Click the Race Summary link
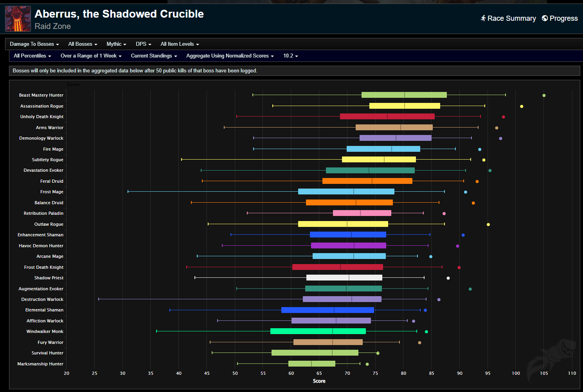point(508,18)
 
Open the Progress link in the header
point(560,18)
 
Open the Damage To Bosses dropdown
point(34,44)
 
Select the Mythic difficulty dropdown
point(116,44)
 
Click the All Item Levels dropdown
point(180,44)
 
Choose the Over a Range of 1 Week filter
point(91,56)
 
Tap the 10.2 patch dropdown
point(290,56)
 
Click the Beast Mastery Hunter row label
point(41,95)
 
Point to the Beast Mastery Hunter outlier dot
point(544,95)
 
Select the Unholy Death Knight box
point(387,117)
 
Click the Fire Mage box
point(383,149)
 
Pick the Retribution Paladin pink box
point(362,213)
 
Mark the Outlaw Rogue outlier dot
point(488,225)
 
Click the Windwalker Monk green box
point(318,331)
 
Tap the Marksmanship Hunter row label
point(40,364)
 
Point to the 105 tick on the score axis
point(544,373)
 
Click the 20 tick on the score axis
point(67,373)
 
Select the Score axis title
point(319,381)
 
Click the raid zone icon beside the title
point(18,19)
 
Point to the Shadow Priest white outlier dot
point(448,278)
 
